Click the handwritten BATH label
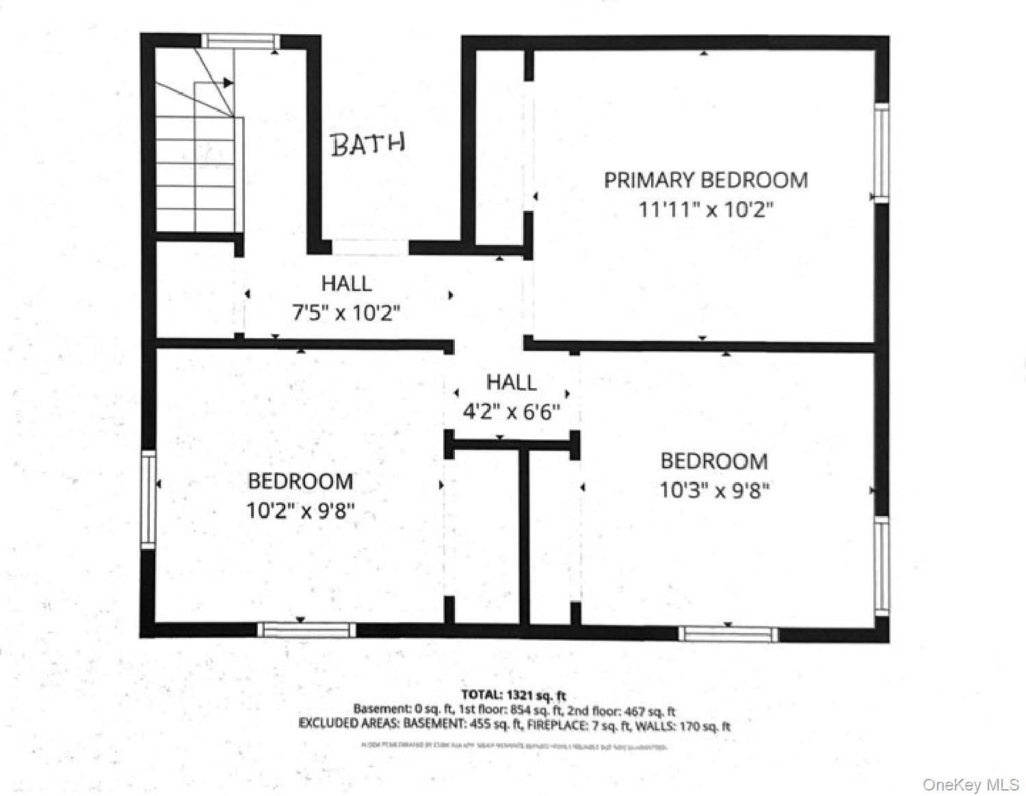pos(368,144)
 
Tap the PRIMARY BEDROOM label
pos(705,180)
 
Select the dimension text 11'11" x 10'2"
pos(705,209)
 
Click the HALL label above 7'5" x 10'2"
pos(346,283)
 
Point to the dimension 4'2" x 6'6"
pos(511,412)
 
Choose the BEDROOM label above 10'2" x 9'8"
pos(300,481)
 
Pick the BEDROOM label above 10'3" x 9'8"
pos(713,461)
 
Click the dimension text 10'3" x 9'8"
pos(714,490)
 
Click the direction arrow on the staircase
pos(228,83)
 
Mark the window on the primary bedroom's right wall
pos(882,152)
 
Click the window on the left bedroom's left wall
pos(148,498)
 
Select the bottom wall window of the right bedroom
pos(728,634)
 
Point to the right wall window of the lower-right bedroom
pos(882,565)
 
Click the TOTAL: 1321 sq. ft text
pos(513,696)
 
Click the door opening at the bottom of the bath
pos(370,246)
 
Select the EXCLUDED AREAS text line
pos(514,725)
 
